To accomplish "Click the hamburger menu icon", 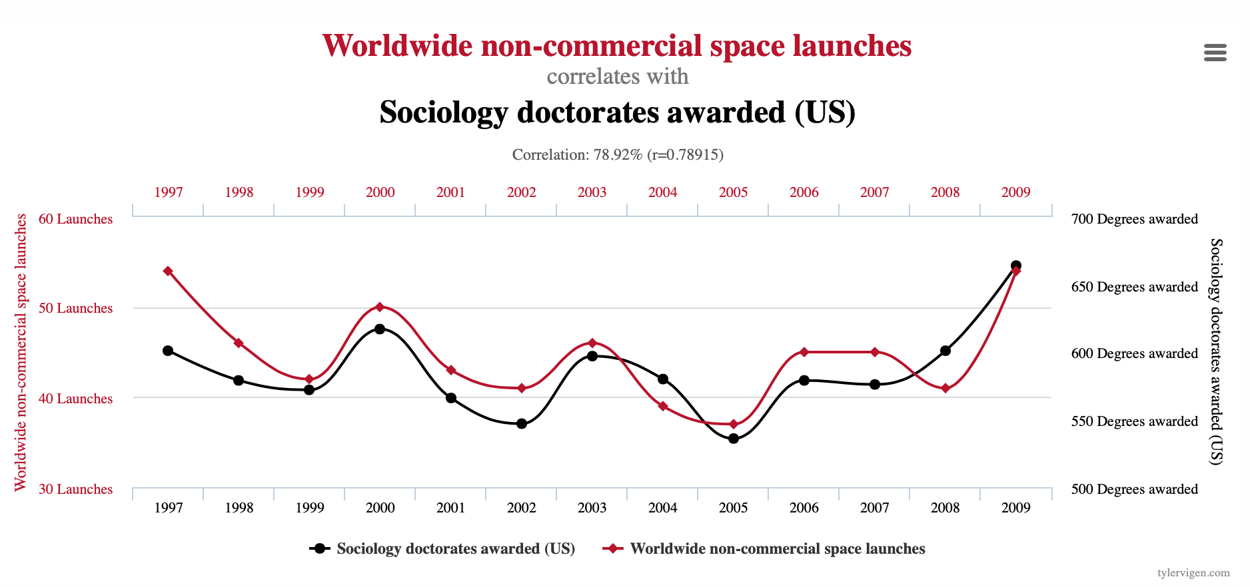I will click(x=1215, y=53).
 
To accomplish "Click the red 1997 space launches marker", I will click(x=168, y=271).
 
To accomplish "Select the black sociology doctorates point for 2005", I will click(x=733, y=439).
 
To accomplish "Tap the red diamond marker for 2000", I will click(x=380, y=307).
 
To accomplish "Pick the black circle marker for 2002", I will click(x=521, y=423).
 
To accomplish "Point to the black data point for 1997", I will click(x=168, y=351).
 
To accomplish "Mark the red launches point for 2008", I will click(x=945, y=388).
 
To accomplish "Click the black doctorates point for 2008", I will click(x=945, y=351).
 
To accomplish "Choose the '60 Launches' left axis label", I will click(x=75, y=219).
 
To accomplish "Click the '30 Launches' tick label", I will click(x=75, y=489).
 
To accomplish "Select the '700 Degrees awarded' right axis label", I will click(x=1134, y=219).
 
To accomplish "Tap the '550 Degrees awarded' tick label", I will click(x=1134, y=421).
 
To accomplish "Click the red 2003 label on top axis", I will click(x=592, y=192).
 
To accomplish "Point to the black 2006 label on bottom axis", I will click(x=804, y=508).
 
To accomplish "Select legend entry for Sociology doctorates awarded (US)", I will click(x=442, y=548).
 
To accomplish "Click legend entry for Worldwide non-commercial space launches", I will click(x=764, y=548).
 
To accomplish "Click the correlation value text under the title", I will click(x=618, y=155).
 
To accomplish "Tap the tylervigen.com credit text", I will click(x=1193, y=573).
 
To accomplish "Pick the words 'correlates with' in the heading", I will click(x=618, y=77).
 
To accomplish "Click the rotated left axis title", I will click(x=21, y=352).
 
